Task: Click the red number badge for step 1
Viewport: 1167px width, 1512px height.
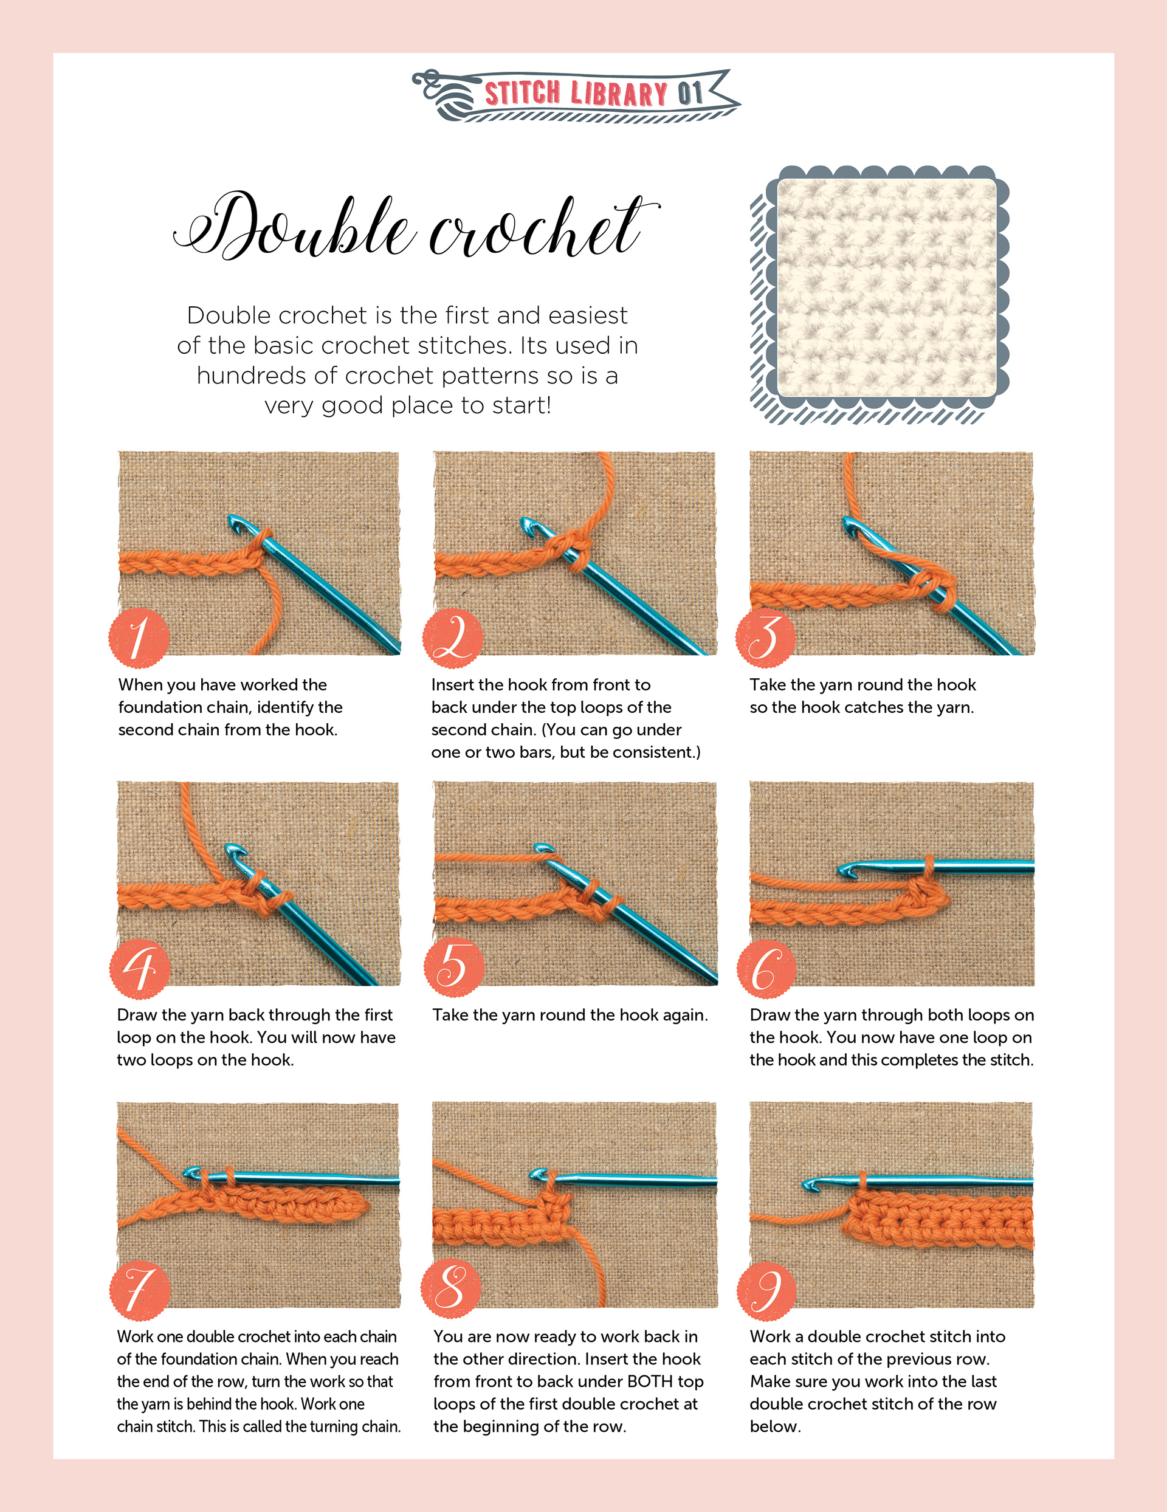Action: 139,637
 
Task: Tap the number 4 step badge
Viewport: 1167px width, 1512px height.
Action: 140,969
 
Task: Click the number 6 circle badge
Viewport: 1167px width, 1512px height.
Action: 766,969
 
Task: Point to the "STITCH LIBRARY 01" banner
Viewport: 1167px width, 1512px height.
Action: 576,95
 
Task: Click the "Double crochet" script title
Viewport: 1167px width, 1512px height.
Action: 416,227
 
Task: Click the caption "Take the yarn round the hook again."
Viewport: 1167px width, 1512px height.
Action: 570,1015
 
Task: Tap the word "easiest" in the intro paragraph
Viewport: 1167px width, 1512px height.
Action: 588,315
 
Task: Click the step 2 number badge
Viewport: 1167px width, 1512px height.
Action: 453,637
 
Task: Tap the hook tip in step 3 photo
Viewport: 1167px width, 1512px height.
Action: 849,526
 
